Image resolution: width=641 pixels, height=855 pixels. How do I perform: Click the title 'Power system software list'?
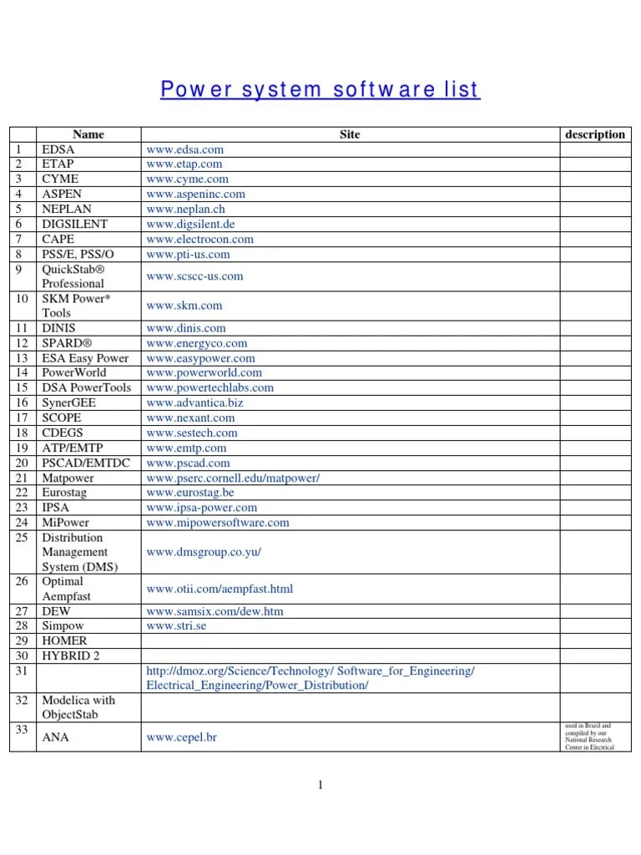pos(320,90)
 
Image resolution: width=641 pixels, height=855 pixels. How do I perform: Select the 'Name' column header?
pos(88,134)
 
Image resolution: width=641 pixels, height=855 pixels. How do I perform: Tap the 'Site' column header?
pos(350,134)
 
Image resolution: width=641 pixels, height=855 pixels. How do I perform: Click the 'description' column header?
pos(594,134)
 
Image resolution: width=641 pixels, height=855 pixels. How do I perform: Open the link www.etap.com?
pos(184,164)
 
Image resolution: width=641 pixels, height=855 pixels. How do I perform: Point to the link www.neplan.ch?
pos(187,210)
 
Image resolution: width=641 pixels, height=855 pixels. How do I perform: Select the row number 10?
pos(23,299)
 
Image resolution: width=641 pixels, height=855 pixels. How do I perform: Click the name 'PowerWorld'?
pos(74,373)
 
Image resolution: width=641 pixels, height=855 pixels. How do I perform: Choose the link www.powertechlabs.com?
pos(209,388)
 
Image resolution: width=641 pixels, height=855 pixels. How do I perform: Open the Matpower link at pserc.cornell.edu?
pos(233,478)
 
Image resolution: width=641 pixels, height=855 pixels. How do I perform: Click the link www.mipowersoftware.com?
pos(218,524)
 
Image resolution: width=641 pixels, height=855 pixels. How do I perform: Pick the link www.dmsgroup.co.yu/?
pos(204,553)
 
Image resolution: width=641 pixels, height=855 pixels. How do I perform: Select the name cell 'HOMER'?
pos(64,641)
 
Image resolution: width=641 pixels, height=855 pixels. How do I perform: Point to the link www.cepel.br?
pos(182,738)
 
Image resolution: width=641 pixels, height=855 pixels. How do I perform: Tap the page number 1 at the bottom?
pos(320,784)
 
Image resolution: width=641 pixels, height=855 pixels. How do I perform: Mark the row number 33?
pos(23,730)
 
